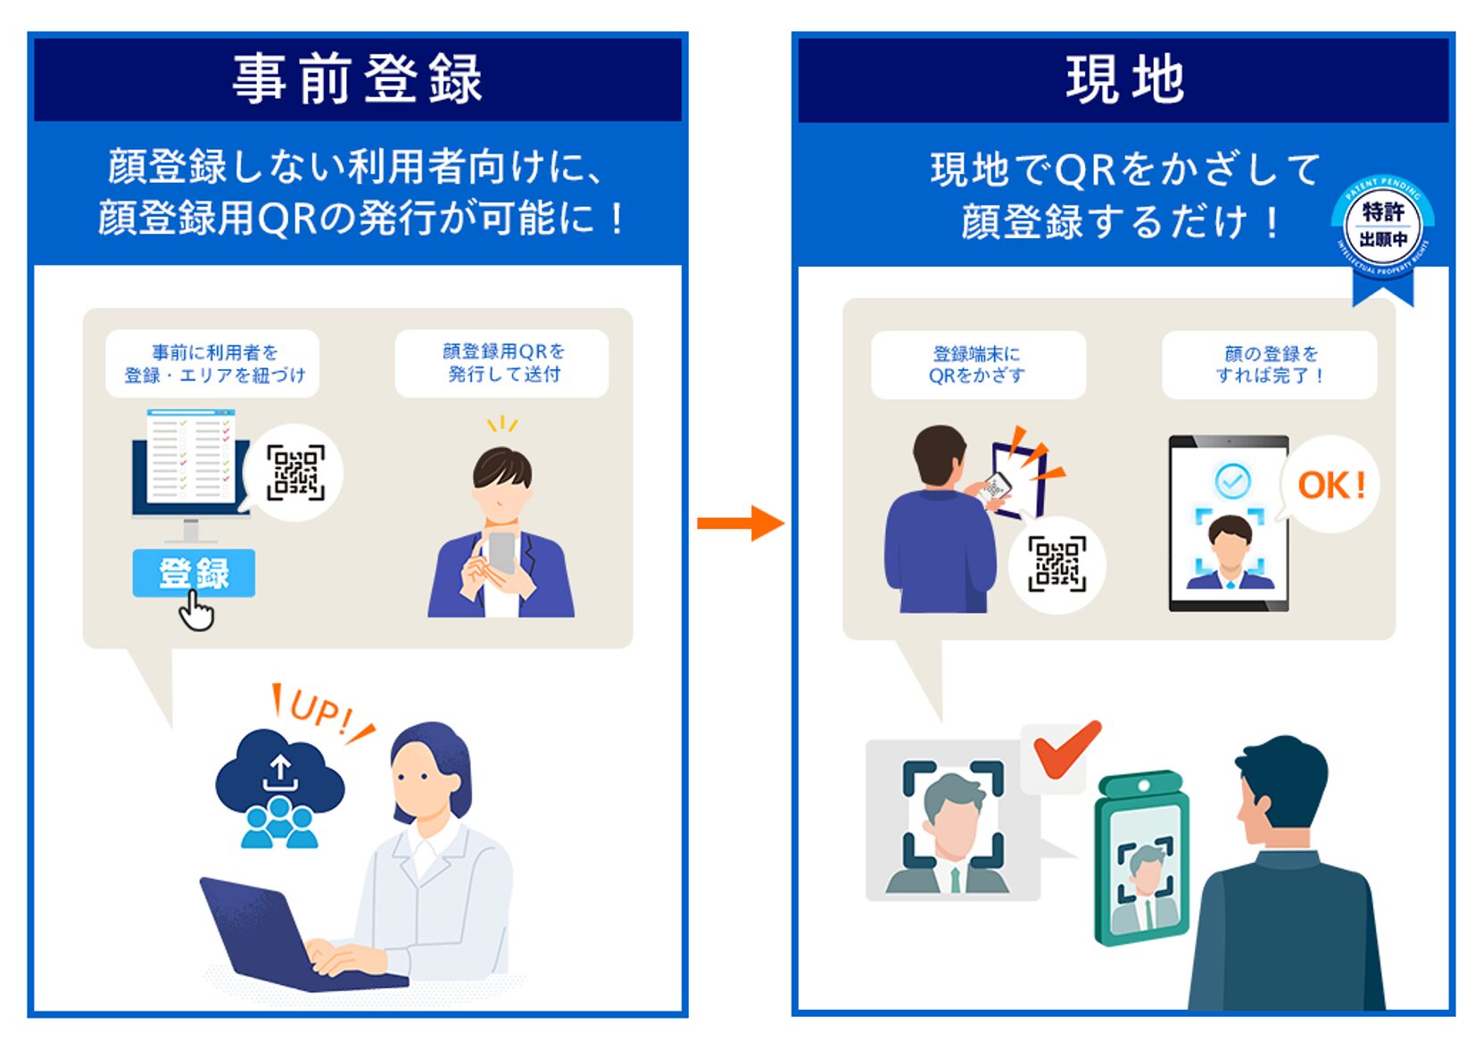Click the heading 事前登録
357,79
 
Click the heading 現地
1124,79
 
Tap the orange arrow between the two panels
741,523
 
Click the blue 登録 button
194,573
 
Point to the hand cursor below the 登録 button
197,613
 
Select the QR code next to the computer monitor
295,472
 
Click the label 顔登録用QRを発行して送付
502,363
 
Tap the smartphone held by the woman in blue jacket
501,553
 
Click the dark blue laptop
268,937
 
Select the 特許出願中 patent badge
1382,227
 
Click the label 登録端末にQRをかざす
977,364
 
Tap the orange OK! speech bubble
1330,485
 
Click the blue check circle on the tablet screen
1232,482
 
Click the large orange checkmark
1065,749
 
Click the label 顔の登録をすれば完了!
1269,364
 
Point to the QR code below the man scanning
1056,564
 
